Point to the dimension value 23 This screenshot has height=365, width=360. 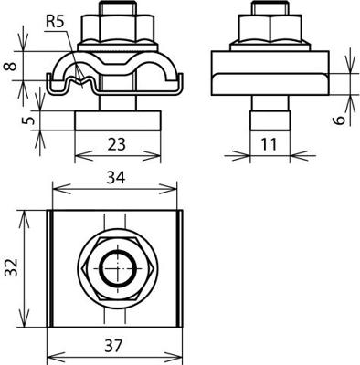point(116,141)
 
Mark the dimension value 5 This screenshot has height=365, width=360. point(29,119)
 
